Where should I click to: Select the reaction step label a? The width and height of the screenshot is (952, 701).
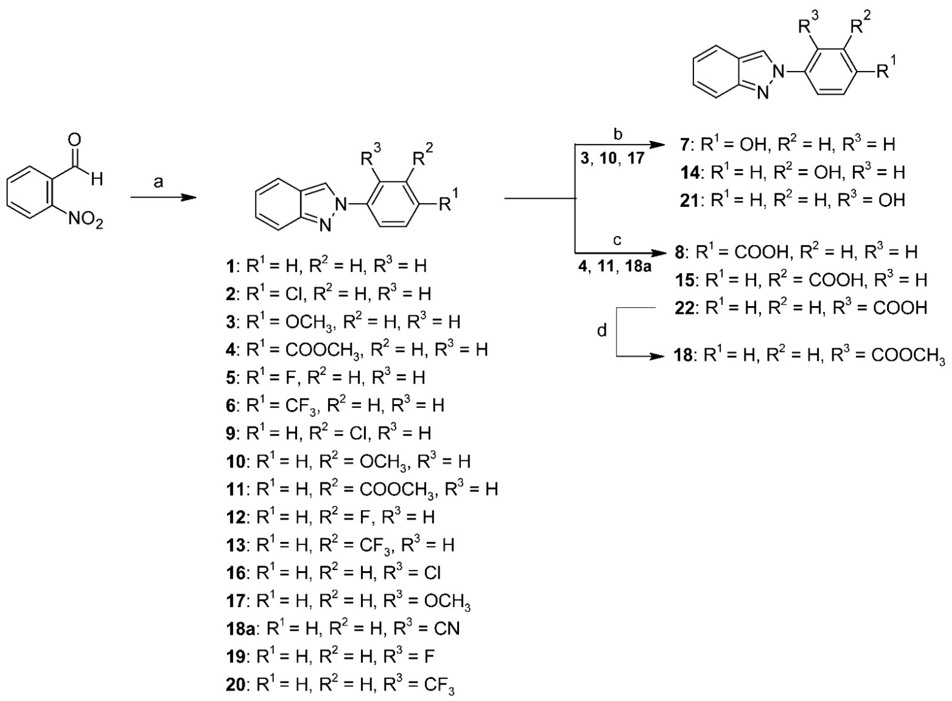point(158,183)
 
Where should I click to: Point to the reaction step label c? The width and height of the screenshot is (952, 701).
point(617,241)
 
